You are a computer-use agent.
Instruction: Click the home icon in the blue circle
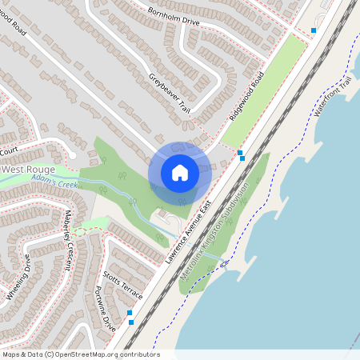[x=180, y=173]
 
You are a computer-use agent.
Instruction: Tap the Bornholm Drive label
[x=174, y=17]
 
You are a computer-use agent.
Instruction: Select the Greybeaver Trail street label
[x=170, y=93]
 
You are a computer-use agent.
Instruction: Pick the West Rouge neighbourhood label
[x=28, y=170]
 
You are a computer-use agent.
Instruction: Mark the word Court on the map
[x=9, y=150]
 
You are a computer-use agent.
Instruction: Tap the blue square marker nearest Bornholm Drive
[x=314, y=30]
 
